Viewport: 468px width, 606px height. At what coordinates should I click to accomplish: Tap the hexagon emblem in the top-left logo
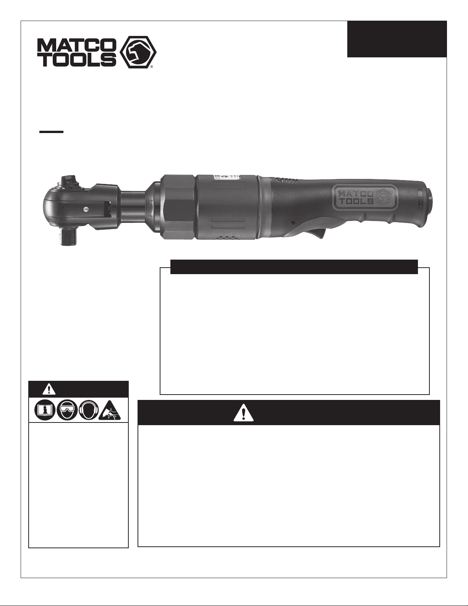tap(138, 52)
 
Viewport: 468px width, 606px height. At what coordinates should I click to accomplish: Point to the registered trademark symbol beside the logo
tap(152, 67)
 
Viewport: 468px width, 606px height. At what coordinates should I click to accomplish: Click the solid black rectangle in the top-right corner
tap(397, 39)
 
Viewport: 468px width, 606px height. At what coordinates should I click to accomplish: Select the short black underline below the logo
tap(51, 132)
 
